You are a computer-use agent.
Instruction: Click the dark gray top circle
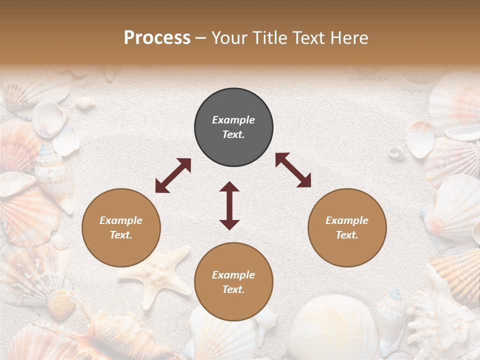tap(233, 127)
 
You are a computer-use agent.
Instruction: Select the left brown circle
tap(121, 227)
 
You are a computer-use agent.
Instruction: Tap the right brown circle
tap(347, 227)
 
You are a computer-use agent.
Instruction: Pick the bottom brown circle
tap(233, 282)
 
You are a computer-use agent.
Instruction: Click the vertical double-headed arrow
tap(229, 205)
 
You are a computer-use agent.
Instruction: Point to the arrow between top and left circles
tap(173, 175)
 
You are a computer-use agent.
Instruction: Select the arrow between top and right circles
tap(293, 170)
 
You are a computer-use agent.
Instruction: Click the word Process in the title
tap(157, 38)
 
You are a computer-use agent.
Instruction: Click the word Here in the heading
tap(349, 38)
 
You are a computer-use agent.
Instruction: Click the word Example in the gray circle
tap(233, 120)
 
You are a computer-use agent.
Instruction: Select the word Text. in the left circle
tap(121, 235)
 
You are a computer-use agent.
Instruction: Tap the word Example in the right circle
tap(347, 220)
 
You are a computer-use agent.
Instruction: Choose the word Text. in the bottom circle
tap(233, 289)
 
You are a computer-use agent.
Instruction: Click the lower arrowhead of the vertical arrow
tap(229, 224)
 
